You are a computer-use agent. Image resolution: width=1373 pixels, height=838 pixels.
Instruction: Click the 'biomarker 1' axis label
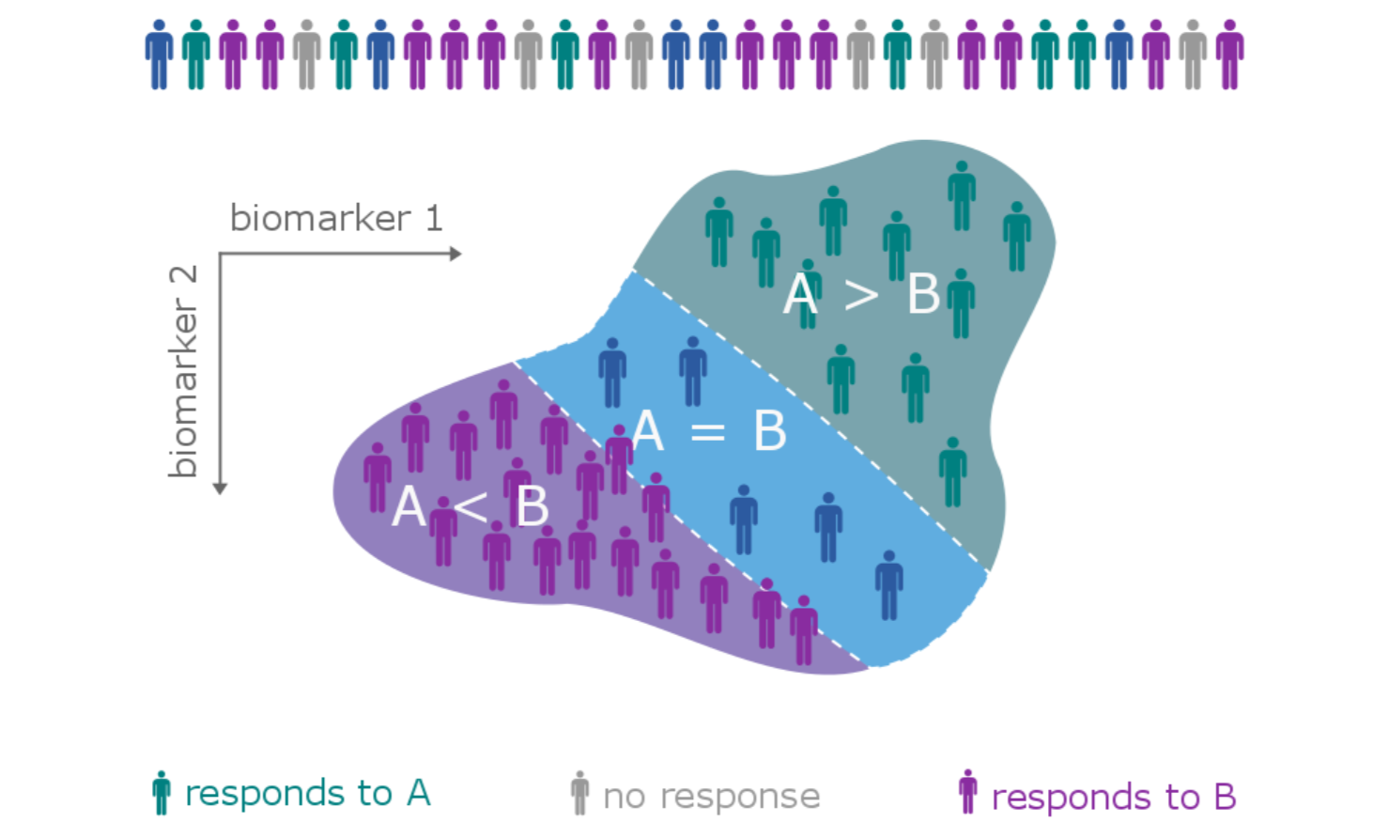335,218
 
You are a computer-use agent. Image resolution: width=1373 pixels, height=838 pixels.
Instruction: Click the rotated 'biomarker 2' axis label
183,371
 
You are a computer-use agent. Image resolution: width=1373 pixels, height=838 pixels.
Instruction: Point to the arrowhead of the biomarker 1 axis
456,254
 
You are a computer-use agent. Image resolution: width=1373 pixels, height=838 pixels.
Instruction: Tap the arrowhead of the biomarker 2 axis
220,488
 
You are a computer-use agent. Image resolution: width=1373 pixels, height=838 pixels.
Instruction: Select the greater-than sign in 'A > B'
861,295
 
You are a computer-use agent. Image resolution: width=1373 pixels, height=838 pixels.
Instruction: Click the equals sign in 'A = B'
707,432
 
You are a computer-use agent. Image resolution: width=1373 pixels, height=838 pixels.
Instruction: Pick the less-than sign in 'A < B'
470,507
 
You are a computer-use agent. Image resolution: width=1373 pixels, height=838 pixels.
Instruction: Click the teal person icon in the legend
162,793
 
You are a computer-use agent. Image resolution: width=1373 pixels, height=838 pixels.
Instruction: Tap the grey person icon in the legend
579,794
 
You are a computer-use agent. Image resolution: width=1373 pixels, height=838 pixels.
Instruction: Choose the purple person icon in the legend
967,793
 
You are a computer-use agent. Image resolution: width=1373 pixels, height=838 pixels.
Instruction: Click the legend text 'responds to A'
307,794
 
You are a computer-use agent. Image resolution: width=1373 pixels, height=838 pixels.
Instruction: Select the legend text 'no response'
711,797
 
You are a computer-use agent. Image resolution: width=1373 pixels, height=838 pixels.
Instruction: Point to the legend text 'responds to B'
1113,798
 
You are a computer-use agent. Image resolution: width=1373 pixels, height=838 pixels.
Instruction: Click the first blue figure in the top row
159,54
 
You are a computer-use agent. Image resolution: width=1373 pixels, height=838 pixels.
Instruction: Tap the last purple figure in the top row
1229,54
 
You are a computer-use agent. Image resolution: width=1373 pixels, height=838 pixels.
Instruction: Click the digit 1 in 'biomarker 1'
433,218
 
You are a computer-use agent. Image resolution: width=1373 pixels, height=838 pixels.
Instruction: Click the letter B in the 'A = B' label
769,432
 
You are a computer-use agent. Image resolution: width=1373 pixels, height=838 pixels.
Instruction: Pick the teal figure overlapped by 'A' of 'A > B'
808,293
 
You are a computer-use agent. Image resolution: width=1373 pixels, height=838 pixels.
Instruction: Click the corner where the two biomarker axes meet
220,254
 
